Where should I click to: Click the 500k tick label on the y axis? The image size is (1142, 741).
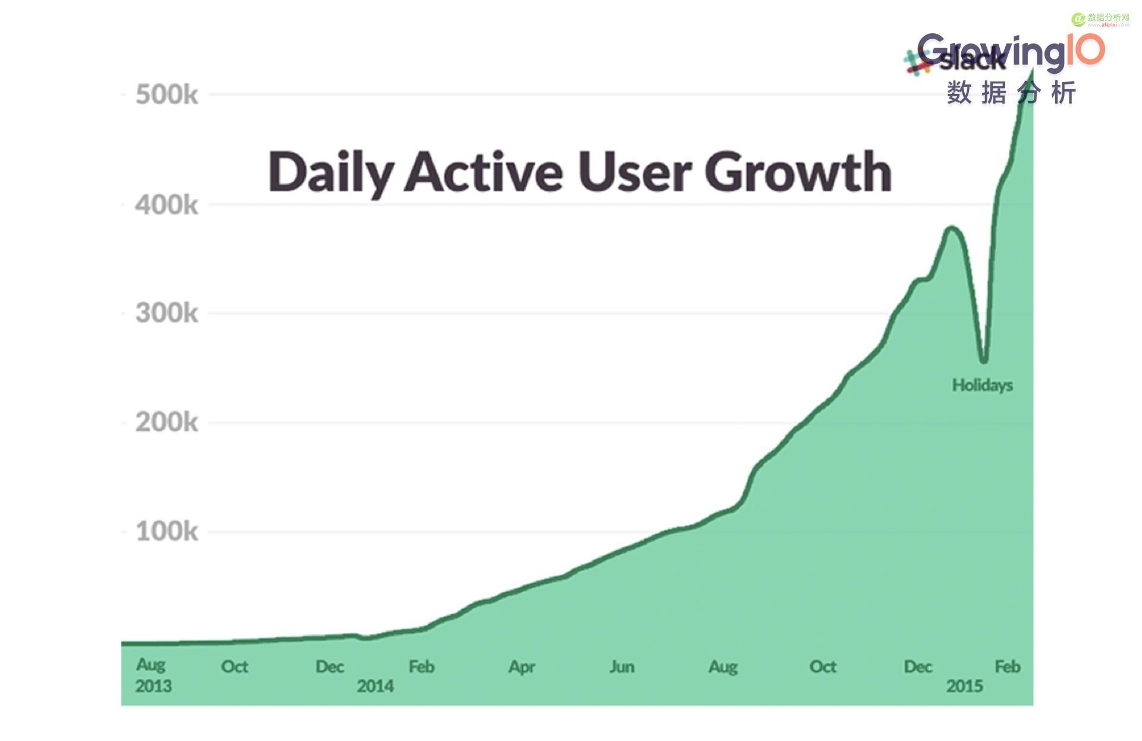pyautogui.click(x=167, y=95)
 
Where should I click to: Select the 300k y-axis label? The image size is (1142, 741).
pyautogui.click(x=167, y=313)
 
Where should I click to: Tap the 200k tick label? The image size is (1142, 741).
pyautogui.click(x=167, y=423)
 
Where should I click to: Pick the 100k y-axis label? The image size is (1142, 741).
pyautogui.click(x=167, y=532)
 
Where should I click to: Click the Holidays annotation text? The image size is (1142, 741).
pyautogui.click(x=982, y=385)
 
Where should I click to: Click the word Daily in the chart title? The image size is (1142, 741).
pyautogui.click(x=330, y=172)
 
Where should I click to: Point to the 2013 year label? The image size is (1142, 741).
pyautogui.click(x=153, y=686)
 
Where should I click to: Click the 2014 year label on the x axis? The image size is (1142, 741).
pyautogui.click(x=375, y=686)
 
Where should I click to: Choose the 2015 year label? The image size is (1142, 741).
pyautogui.click(x=964, y=686)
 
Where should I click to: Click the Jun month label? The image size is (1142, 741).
pyautogui.click(x=622, y=667)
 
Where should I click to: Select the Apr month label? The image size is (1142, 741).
pyautogui.click(x=522, y=667)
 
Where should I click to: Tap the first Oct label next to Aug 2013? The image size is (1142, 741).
pyautogui.click(x=234, y=667)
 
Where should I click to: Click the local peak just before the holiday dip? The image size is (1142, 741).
pyautogui.click(x=951, y=227)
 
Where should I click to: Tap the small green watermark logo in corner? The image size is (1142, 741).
pyautogui.click(x=1078, y=20)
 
